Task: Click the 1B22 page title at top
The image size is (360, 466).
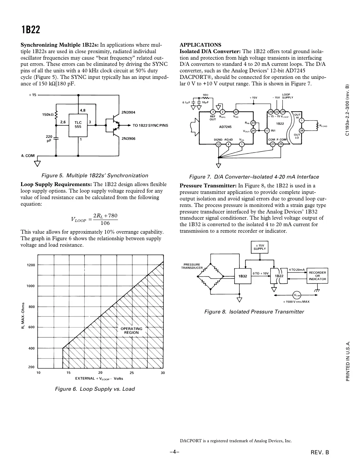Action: (31, 30)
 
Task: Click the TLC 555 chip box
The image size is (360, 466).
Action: (78, 124)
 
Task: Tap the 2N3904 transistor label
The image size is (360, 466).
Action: (128, 112)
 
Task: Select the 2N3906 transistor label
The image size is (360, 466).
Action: (128, 138)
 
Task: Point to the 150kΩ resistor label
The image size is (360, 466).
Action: (48, 115)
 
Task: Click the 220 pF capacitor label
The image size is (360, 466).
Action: (49, 139)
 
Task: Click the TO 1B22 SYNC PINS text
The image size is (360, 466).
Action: (150, 125)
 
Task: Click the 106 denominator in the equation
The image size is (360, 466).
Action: (105, 223)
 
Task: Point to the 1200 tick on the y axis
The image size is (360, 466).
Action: (31, 265)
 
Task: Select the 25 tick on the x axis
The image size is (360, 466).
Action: (132, 373)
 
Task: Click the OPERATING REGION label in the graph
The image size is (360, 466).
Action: (131, 331)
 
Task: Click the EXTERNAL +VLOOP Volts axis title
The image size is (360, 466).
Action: (99, 379)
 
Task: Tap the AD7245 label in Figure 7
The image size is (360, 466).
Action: (225, 127)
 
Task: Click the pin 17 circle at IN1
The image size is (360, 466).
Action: (267, 131)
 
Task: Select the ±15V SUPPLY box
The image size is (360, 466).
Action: (260, 247)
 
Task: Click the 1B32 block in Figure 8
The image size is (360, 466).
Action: (243, 276)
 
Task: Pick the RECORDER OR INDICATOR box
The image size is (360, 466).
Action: (317, 276)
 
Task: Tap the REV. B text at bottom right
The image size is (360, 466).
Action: (320, 452)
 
